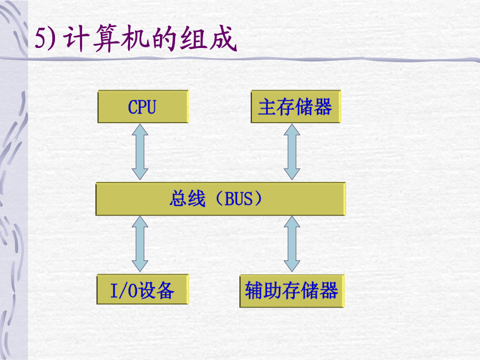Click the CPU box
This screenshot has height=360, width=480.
tap(143, 107)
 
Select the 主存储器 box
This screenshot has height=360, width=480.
tap(295, 107)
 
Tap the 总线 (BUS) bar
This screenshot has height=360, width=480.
tap(221, 199)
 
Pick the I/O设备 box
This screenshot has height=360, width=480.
tap(142, 289)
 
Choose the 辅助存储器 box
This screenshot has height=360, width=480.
tap(292, 291)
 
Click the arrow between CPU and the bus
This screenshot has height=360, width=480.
tap(140, 152)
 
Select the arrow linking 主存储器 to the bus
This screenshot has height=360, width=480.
tap(292, 152)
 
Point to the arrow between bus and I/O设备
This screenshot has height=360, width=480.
tap(140, 244)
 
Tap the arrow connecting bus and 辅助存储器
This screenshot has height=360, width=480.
tap(292, 244)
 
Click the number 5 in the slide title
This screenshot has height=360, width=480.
tap(41, 38)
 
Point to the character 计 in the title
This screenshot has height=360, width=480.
tap(76, 38)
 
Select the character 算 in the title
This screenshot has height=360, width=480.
tap(106, 38)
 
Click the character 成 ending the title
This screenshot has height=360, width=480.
tap(223, 38)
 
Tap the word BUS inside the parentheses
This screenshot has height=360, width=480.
tap(239, 199)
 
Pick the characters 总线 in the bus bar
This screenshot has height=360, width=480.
tap(188, 198)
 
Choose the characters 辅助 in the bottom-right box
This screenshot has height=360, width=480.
tap(263, 291)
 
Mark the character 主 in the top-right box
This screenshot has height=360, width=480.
tap(267, 107)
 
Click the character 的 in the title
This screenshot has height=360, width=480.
tap(164, 38)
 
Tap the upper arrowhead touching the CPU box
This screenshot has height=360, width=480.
tap(140, 130)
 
